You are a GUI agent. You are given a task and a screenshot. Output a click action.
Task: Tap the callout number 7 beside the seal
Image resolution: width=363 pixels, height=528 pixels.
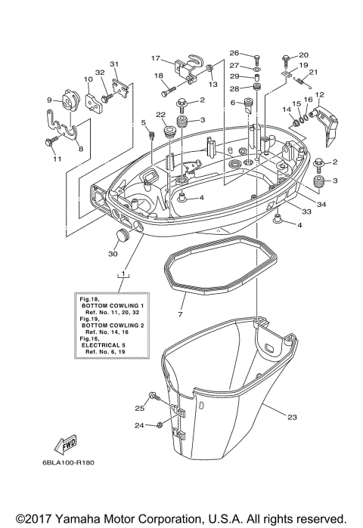180,313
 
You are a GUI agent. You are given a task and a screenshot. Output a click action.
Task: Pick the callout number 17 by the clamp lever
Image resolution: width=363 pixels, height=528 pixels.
156,58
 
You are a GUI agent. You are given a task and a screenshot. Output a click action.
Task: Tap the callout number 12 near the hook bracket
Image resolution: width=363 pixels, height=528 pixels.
319,95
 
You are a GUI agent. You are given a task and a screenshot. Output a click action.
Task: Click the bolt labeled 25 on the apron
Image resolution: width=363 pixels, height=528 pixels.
154,397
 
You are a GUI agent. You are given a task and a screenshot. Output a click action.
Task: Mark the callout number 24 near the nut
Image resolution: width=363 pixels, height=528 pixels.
139,425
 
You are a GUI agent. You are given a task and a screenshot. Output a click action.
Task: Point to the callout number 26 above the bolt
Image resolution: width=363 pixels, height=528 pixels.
234,53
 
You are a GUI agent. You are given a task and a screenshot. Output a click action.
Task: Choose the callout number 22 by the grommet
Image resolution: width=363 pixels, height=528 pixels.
160,114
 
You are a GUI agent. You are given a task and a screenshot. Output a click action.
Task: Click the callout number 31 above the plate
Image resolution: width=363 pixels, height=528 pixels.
115,64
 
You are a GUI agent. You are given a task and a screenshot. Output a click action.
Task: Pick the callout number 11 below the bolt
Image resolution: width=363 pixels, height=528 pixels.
55,159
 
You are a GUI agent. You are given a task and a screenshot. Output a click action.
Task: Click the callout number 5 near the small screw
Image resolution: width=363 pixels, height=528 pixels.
143,122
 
